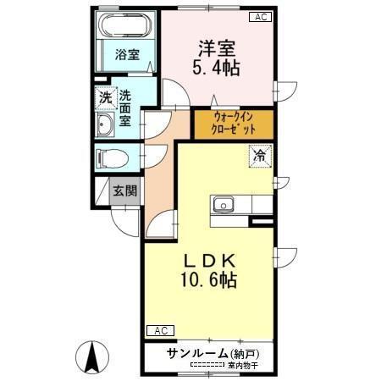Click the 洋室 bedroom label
[217, 48]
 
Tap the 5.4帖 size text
[217, 67]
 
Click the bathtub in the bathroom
[128, 26]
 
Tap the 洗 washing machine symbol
[104, 97]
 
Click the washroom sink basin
[106, 128]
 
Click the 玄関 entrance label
[125, 190]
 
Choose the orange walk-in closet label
[232, 125]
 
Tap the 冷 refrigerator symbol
[261, 155]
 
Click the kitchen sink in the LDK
[224, 203]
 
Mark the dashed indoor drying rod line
[205, 365]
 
